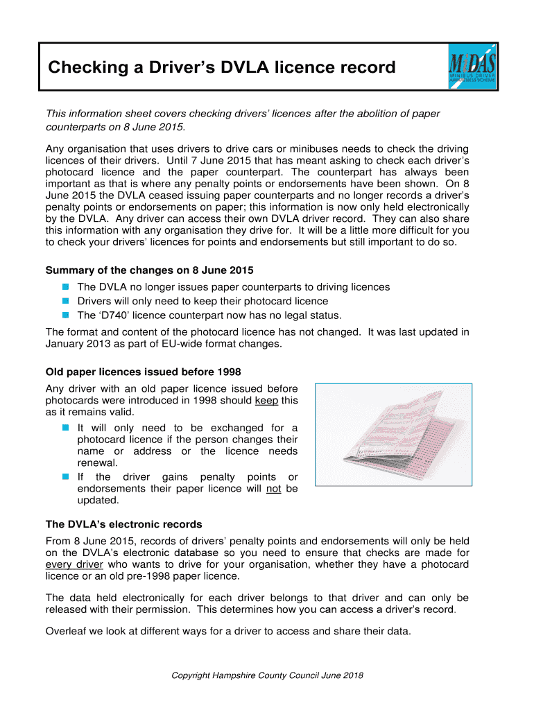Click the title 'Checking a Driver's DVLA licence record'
click(221, 67)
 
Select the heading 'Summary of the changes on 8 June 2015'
click(149, 270)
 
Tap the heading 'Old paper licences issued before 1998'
click(143, 372)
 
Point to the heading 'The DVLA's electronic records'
click(123, 524)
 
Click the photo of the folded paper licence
click(393, 435)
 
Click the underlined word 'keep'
click(267, 400)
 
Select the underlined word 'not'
click(274, 488)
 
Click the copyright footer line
click(267, 675)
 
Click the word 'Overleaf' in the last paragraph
click(68, 631)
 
